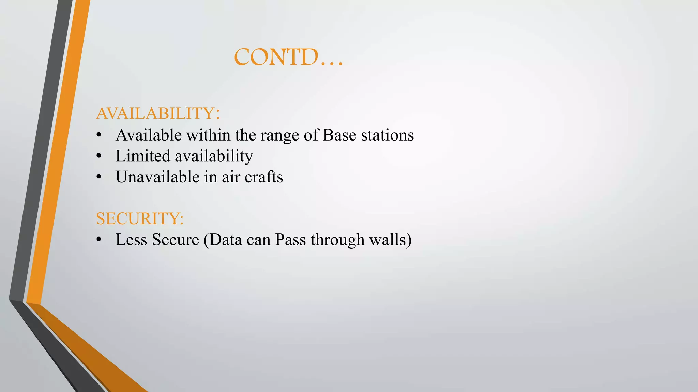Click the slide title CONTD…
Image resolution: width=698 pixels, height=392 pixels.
pyautogui.click(x=288, y=57)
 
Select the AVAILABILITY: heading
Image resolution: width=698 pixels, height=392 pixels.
pyautogui.click(x=158, y=113)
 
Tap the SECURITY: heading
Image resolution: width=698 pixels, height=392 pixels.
pyautogui.click(x=140, y=218)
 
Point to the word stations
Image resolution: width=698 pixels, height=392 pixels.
pyautogui.click(x=388, y=135)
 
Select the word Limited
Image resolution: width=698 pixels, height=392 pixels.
pyautogui.click(x=143, y=156)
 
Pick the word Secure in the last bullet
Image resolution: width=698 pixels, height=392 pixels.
pyautogui.click(x=175, y=240)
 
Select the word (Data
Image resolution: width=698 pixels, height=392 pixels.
pyautogui.click(x=223, y=240)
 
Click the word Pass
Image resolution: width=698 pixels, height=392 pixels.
pyautogui.click(x=290, y=240)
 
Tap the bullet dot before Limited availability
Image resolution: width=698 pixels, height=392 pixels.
pyautogui.click(x=99, y=156)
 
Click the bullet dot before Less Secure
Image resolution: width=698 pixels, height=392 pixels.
pyautogui.click(x=99, y=240)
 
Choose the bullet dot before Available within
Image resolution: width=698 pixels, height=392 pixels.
pyautogui.click(x=99, y=135)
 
